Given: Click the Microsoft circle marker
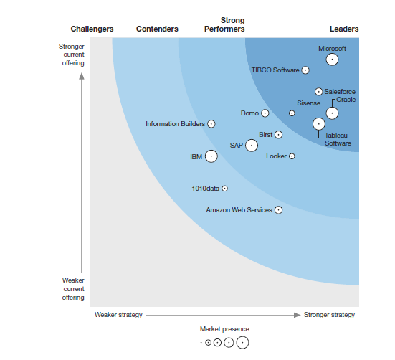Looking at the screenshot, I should click(332, 60).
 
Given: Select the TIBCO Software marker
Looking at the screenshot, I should click(305, 70).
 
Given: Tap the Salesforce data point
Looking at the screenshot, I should click(319, 92).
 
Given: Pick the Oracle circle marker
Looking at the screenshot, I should click(332, 113).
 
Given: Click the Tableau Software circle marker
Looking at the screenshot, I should click(319, 124).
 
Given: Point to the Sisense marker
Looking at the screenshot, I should click(292, 113).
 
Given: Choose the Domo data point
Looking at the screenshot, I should click(265, 113).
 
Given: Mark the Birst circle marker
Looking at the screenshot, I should click(279, 135).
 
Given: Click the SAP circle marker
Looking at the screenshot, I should click(252, 146).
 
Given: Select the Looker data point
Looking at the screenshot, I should click(292, 156).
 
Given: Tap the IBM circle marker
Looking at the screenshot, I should click(211, 156).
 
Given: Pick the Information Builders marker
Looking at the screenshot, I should click(211, 124).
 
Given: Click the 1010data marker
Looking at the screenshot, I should click(225, 189).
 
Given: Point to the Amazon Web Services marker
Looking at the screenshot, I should click(279, 210).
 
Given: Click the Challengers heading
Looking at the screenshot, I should click(92, 29).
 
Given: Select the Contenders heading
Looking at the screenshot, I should click(157, 29).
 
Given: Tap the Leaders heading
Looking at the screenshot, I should click(344, 29).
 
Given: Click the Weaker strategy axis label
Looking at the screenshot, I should click(119, 315).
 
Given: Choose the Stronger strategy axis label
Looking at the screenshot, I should click(329, 315).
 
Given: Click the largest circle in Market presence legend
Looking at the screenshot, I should click(242, 343).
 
